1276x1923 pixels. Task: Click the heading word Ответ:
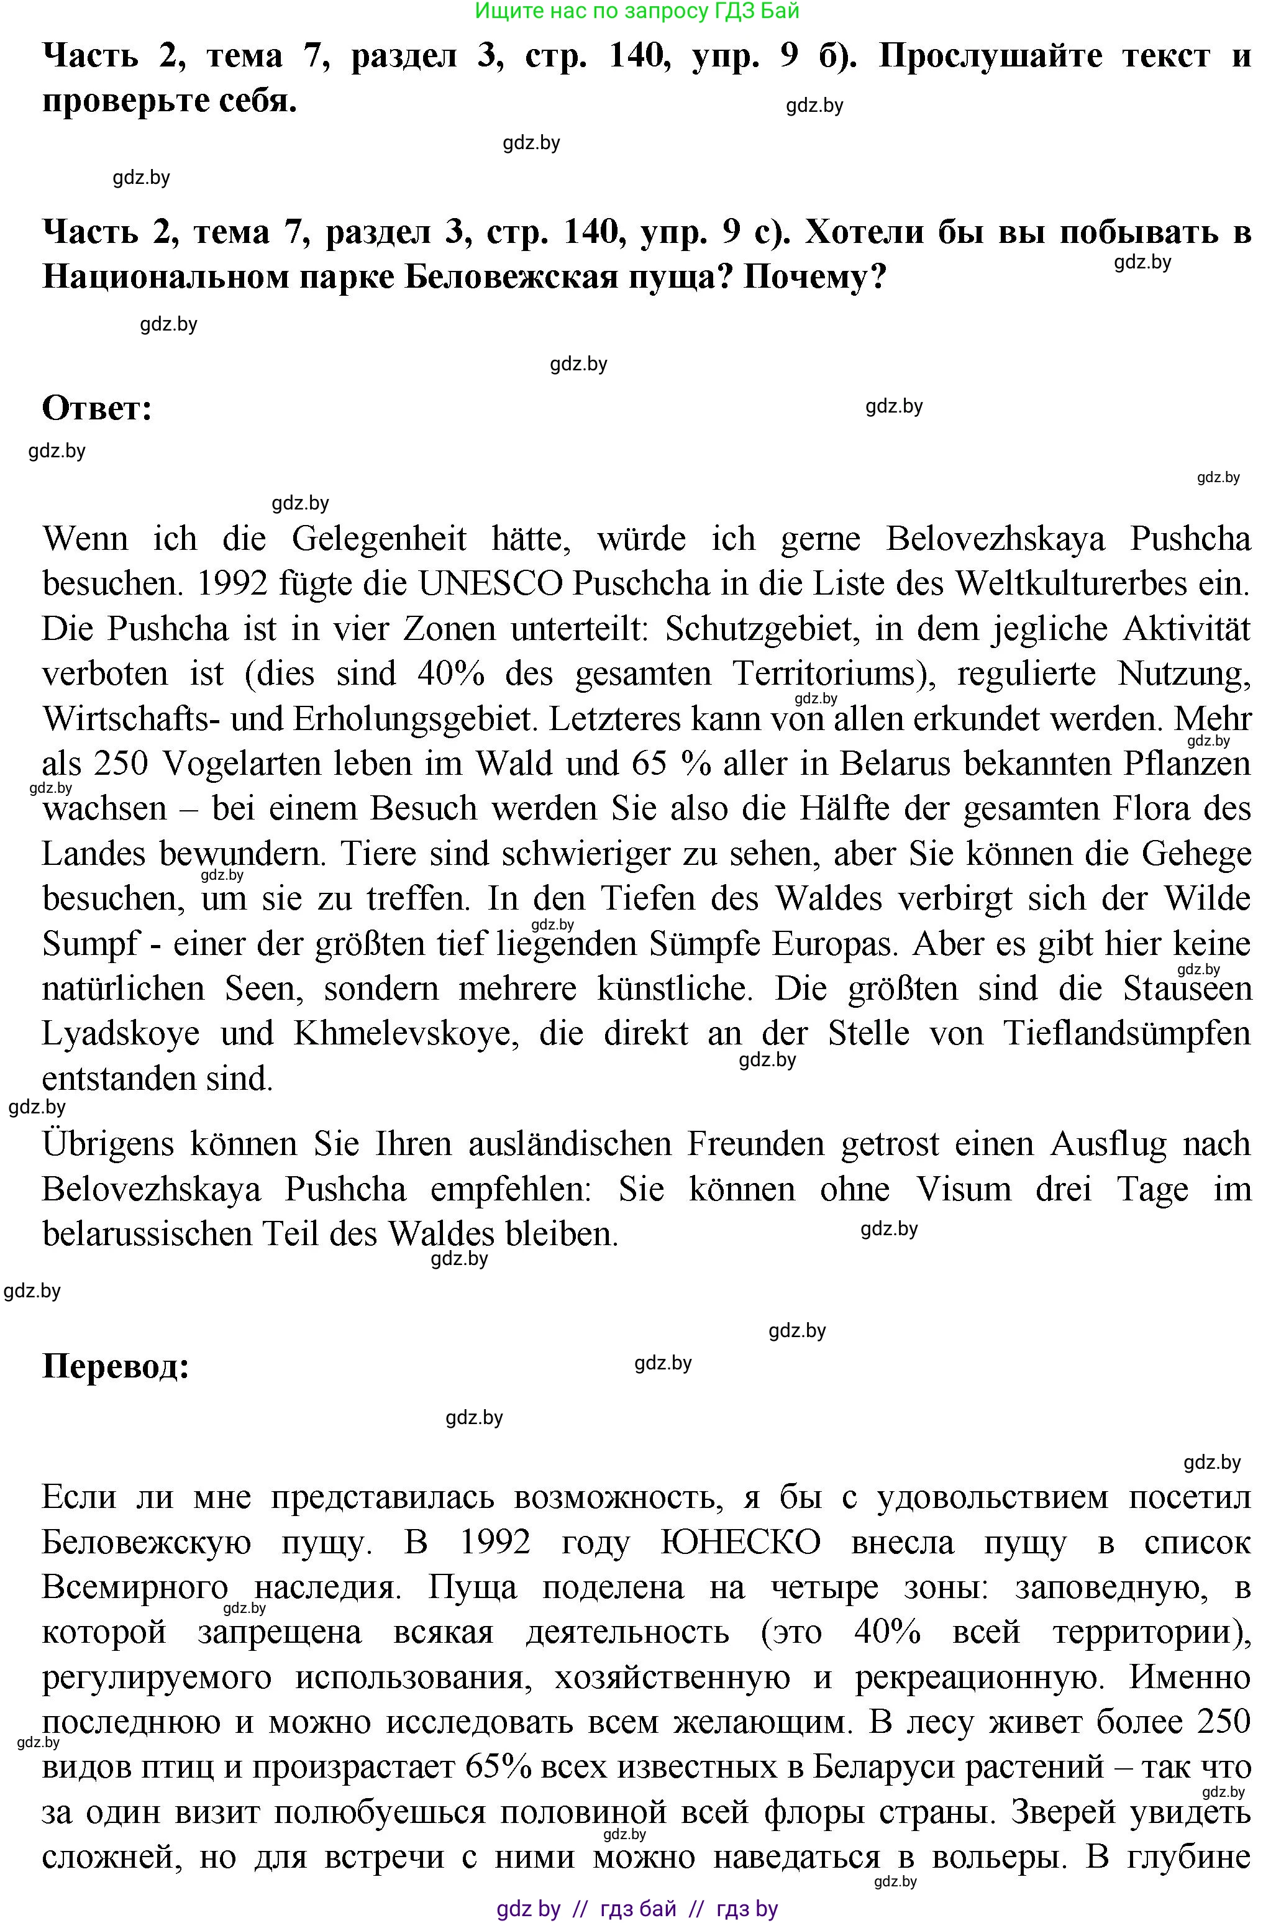pos(97,408)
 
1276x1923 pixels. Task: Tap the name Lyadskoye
pos(121,1033)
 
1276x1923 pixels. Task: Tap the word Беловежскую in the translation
pos(147,1542)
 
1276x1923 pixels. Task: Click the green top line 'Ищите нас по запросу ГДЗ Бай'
pos(637,11)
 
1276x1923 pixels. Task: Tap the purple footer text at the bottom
pos(637,1908)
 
